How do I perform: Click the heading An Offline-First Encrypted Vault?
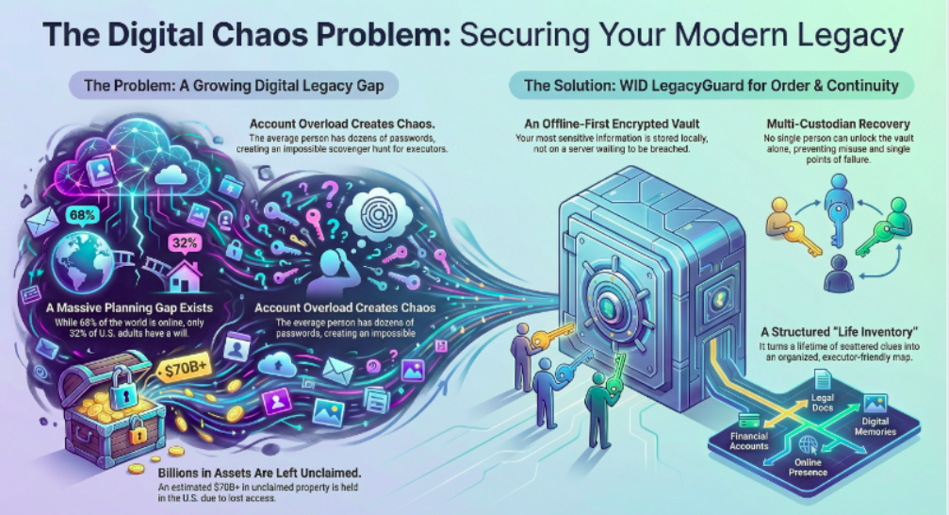tap(605, 125)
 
